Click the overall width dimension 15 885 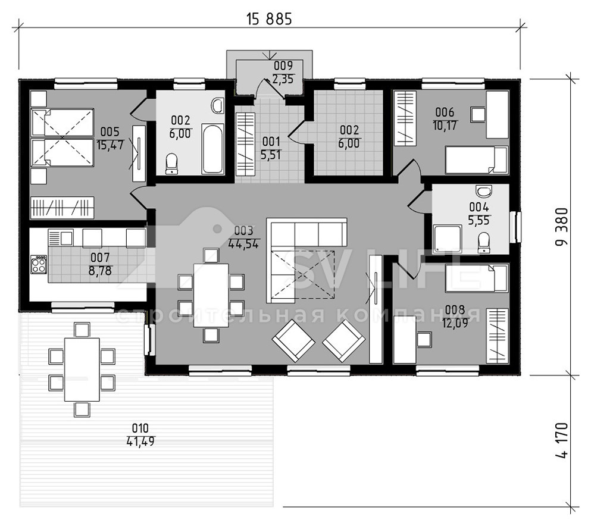269,19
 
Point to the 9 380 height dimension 562,227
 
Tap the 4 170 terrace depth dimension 562,440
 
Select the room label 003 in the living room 243,230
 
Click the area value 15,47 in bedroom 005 110,145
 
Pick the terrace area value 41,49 140,442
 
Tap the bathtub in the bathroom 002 212,148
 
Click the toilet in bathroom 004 484,242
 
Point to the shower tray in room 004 448,239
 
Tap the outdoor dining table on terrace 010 82,370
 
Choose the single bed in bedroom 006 476,160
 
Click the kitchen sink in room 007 60,238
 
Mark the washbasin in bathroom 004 484,191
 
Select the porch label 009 283,66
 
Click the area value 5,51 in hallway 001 271,155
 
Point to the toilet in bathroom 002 172,164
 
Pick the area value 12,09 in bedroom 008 455,323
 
